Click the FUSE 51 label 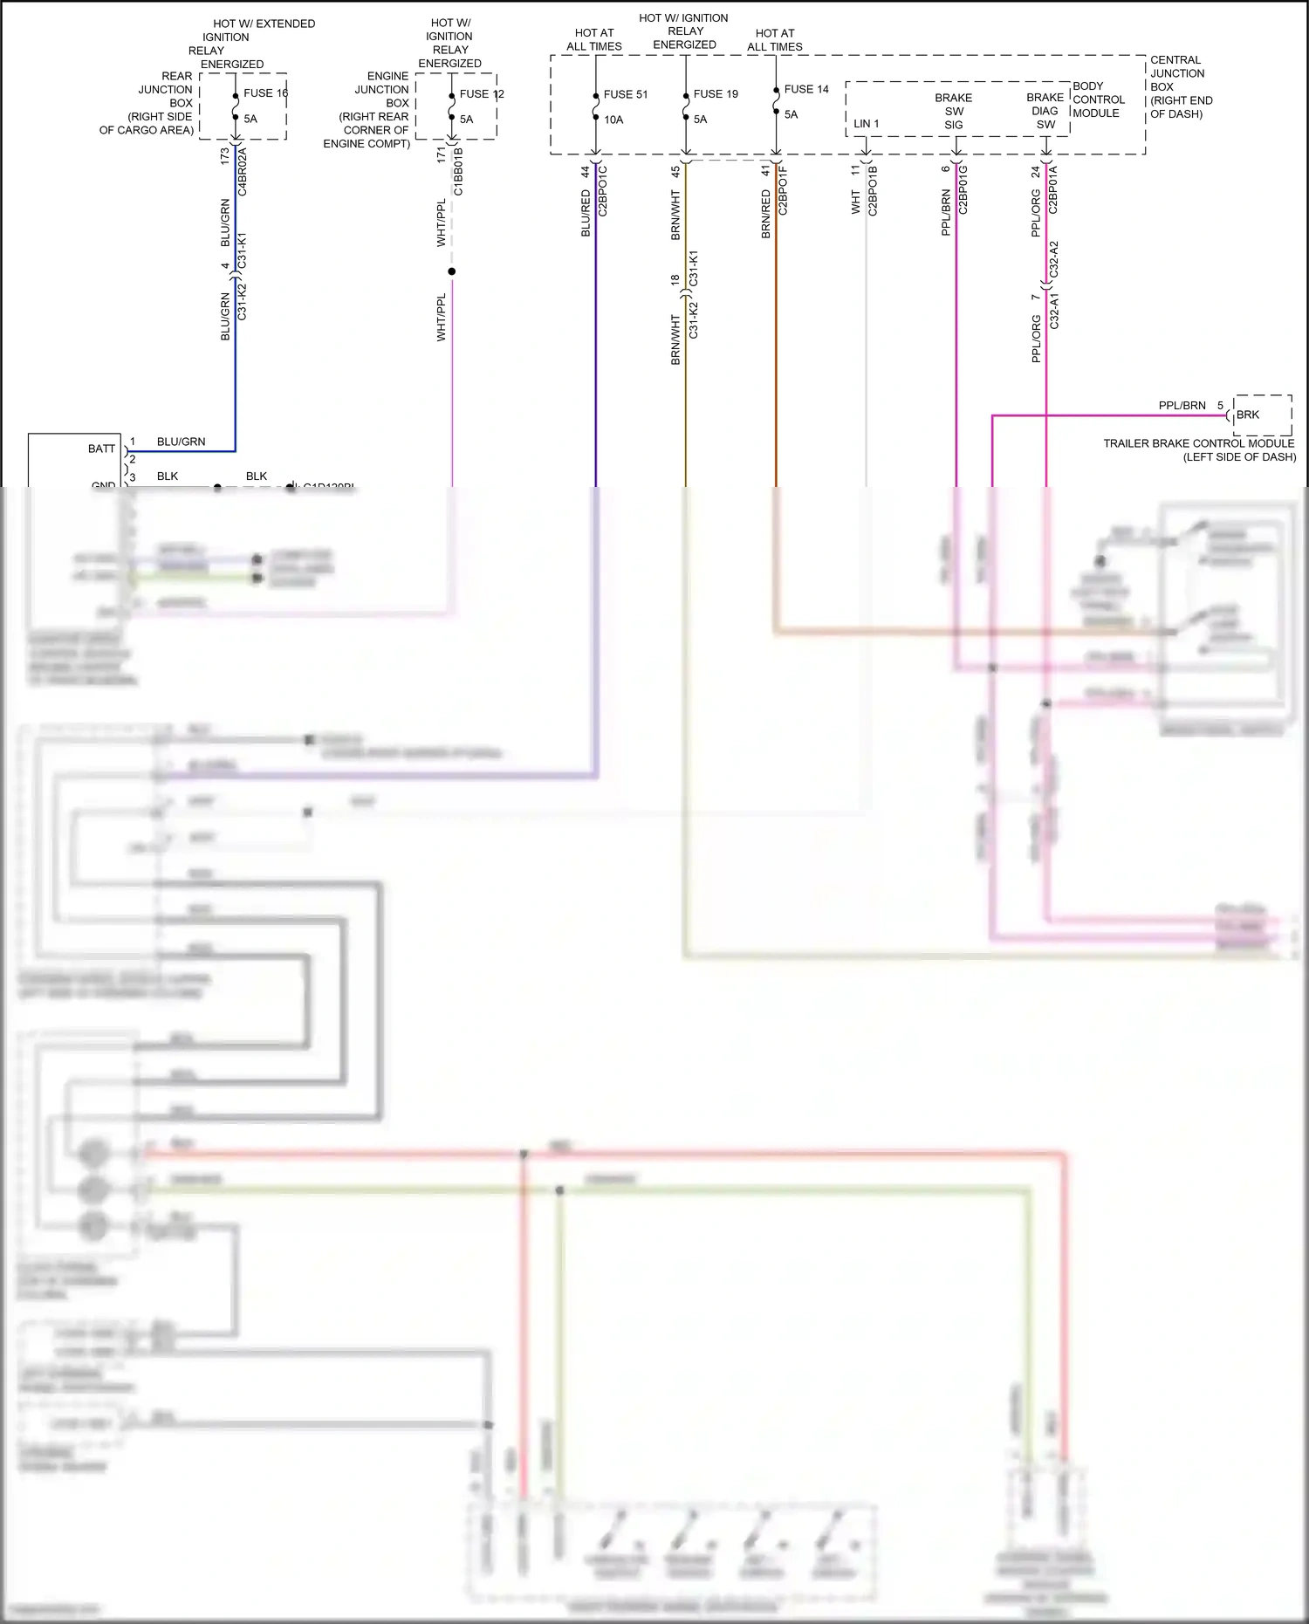[x=625, y=94]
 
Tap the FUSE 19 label [x=716, y=94]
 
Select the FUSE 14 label [x=806, y=89]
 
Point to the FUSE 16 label [x=265, y=93]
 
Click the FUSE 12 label [x=482, y=94]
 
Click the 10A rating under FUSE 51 [x=613, y=120]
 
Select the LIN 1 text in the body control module [x=866, y=124]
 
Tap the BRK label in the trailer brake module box [x=1248, y=415]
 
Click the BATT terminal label [x=101, y=449]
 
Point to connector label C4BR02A [x=243, y=172]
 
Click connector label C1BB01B [x=458, y=172]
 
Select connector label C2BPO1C [x=603, y=190]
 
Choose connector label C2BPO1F [x=783, y=190]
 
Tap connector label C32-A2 [x=1054, y=259]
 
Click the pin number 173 [x=224, y=156]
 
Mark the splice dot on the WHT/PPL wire [x=451, y=271]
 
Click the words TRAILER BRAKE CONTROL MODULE [x=1198, y=443]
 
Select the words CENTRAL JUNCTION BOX [x=1176, y=73]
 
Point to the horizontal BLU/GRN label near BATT [x=181, y=442]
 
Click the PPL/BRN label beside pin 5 [x=1182, y=406]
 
